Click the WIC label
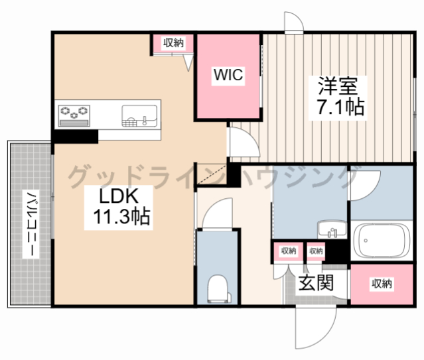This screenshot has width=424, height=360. click(228, 75)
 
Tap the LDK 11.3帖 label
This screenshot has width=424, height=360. click(121, 207)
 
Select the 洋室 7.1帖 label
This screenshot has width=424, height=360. click(340, 97)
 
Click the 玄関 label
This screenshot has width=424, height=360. click(316, 282)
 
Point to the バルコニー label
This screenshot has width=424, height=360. click(31, 224)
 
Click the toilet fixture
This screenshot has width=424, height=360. click(218, 288)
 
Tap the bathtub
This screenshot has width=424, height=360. click(382, 241)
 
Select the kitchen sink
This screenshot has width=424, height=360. click(139, 115)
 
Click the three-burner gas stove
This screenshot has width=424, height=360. click(74, 115)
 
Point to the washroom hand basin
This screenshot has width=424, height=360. click(332, 229)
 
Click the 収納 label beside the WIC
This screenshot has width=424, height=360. click(173, 42)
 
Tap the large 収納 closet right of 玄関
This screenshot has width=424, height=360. click(382, 284)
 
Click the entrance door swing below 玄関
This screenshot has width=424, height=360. click(316, 327)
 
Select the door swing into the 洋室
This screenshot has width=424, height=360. click(244, 142)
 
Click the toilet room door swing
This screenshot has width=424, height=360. click(217, 213)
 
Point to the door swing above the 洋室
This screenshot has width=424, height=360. click(294, 22)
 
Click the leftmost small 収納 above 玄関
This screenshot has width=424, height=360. click(289, 252)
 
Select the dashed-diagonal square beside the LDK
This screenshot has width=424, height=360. click(211, 174)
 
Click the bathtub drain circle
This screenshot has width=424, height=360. click(366, 240)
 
